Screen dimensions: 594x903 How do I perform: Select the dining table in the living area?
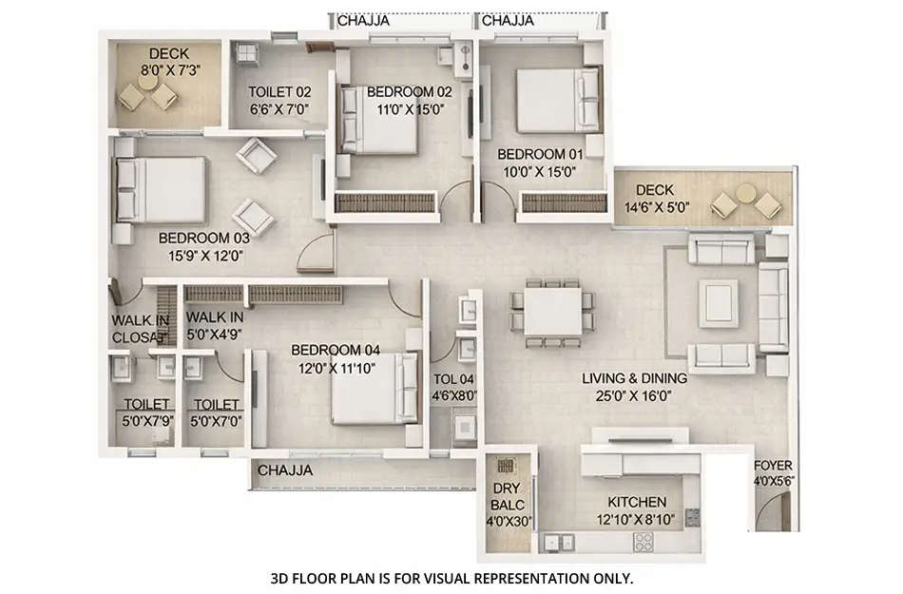click(x=553, y=312)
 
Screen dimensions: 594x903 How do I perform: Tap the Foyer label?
click(x=770, y=466)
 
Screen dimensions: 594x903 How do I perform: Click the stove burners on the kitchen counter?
click(x=644, y=543)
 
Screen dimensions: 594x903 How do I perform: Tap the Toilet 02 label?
click(x=279, y=92)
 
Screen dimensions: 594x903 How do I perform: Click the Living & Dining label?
click(x=634, y=378)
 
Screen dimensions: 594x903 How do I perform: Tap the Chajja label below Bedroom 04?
click(x=285, y=469)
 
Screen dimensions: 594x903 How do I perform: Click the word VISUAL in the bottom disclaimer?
click(x=476, y=577)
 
